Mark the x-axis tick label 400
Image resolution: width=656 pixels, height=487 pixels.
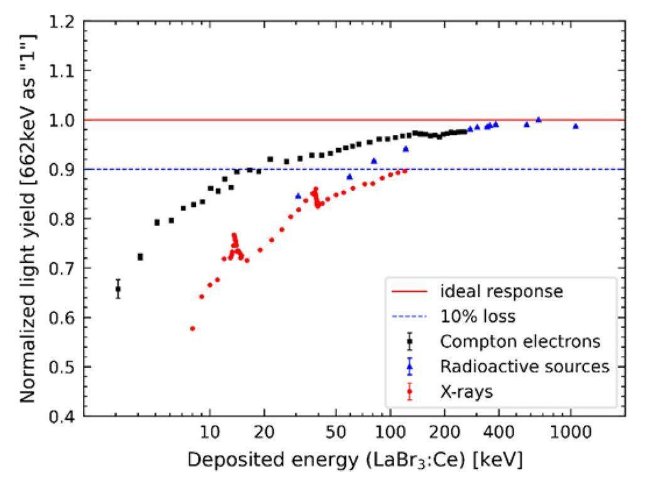pos(498,432)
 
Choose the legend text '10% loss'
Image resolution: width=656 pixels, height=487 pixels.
pos(478,316)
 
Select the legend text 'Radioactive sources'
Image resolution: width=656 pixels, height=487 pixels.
pos(525,367)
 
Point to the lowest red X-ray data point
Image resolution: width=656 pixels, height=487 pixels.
pos(193,328)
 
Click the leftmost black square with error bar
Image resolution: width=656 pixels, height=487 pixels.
pos(118,289)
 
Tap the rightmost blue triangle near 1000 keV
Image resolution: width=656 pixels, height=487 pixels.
pos(575,126)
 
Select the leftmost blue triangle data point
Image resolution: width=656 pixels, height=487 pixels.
pos(298,196)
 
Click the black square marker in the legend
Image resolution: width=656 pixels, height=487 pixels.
pos(409,342)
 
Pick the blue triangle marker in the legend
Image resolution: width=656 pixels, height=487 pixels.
pos(409,367)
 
